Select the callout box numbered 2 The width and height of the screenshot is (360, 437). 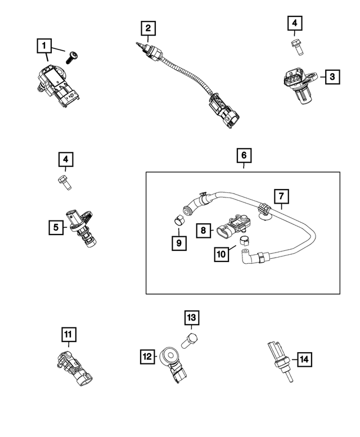point(147,28)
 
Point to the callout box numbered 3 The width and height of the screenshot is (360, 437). point(332,76)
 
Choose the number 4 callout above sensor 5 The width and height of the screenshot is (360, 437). point(66,160)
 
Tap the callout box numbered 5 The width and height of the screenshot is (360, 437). point(56,227)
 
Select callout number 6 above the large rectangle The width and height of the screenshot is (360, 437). point(244,154)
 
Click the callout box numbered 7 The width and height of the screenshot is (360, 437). point(282,196)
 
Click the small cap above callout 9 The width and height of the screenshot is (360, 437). point(177,219)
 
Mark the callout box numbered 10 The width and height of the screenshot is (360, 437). point(222,254)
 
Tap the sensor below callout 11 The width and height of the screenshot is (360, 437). point(75,367)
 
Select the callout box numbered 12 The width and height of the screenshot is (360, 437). point(147,355)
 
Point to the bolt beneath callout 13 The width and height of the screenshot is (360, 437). point(189,340)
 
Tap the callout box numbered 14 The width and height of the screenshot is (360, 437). point(304,359)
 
